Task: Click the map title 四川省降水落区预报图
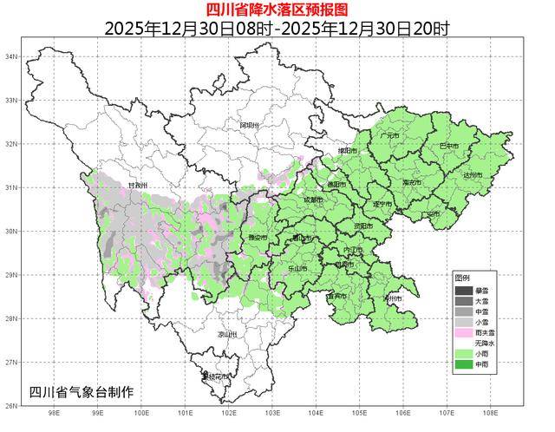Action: tap(277, 10)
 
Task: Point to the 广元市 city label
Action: tap(388, 136)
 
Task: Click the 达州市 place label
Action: tap(473, 175)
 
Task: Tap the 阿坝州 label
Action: tap(249, 126)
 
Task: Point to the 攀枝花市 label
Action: tap(216, 377)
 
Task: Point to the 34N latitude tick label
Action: tap(12, 56)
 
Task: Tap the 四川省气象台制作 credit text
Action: tap(82, 392)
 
